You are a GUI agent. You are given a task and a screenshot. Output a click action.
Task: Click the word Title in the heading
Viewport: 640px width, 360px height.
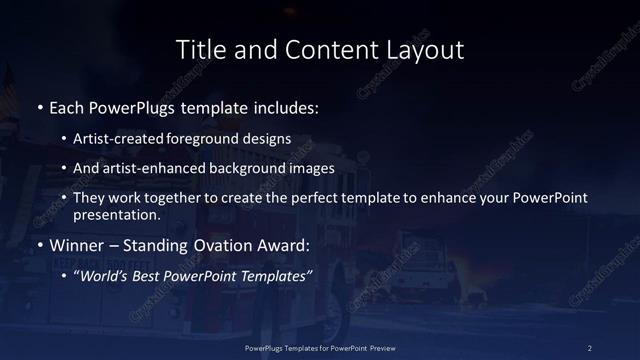[199, 49]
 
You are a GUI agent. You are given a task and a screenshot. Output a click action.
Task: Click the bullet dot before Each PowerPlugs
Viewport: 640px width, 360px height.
[39, 105]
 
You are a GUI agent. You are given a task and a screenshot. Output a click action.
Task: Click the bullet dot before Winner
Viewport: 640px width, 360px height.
[39, 245]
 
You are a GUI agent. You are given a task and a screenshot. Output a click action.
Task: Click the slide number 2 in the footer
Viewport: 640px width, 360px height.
[590, 347]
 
